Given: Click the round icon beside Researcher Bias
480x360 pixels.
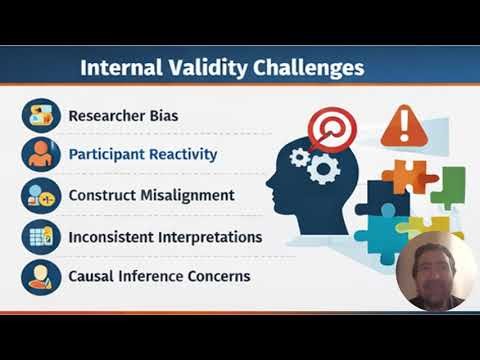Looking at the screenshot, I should pyautogui.click(x=41, y=114).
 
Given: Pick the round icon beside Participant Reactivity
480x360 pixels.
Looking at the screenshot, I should pyautogui.click(x=41, y=154).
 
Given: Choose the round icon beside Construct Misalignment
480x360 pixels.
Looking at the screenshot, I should pyautogui.click(x=41, y=194).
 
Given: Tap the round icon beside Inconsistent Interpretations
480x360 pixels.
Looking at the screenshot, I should pyautogui.click(x=41, y=236).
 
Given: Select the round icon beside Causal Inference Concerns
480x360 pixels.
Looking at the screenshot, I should pyautogui.click(x=41, y=275).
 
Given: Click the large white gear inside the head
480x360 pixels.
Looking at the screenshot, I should pyautogui.click(x=321, y=167).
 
